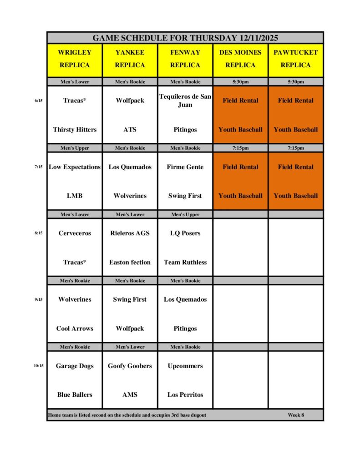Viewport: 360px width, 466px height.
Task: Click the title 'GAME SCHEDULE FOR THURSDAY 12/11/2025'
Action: [x=185, y=38]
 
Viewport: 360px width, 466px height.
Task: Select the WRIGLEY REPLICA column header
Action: [x=75, y=59]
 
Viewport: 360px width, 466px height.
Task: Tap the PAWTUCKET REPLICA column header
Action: [x=296, y=59]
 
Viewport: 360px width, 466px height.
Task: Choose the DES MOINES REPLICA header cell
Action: [x=240, y=59]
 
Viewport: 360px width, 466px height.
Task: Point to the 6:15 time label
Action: [x=38, y=101]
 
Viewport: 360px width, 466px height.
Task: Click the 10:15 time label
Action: [x=38, y=365]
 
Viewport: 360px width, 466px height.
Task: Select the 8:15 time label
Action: [x=38, y=233]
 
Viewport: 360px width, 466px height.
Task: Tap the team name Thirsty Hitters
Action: [x=75, y=130]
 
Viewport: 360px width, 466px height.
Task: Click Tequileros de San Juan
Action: [x=185, y=101]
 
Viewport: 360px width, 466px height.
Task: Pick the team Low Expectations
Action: [x=75, y=167]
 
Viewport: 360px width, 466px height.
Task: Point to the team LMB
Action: [x=75, y=196]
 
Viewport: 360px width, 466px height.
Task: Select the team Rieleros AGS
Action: [x=130, y=233]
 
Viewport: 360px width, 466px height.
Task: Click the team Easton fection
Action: [x=130, y=262]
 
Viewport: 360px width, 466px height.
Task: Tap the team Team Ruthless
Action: [x=185, y=262]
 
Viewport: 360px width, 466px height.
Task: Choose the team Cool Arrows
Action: [x=75, y=329]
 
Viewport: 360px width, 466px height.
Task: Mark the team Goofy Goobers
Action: [x=130, y=366]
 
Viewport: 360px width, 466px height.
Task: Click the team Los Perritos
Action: [x=185, y=395]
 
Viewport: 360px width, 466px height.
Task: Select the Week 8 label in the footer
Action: [x=296, y=415]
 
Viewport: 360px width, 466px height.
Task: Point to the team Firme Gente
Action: [x=185, y=167]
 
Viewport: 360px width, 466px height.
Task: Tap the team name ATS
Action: [x=130, y=130]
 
